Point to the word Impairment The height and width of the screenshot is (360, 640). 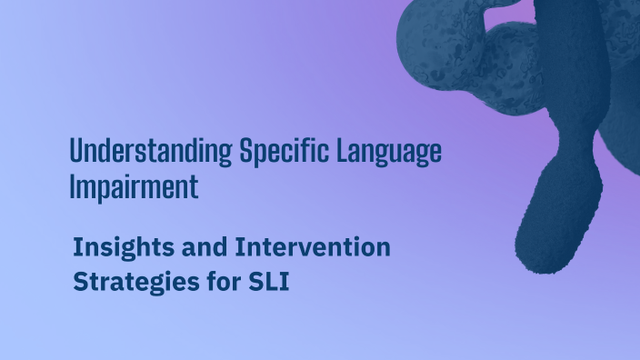[x=134, y=187]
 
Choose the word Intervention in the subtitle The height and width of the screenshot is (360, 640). [x=313, y=246]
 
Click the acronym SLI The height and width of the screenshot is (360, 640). [x=269, y=282]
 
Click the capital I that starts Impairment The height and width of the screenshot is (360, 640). [x=73, y=187]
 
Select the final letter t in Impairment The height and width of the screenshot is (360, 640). [x=194, y=187]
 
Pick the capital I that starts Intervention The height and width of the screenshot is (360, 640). [x=239, y=246]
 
